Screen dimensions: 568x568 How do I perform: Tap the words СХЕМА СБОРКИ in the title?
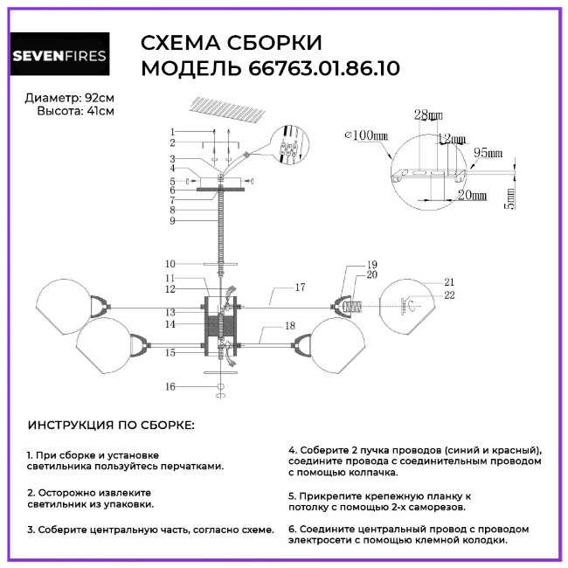[x=232, y=44]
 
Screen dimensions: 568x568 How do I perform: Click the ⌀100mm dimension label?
[x=366, y=135]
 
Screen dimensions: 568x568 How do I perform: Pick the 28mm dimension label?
[x=428, y=115]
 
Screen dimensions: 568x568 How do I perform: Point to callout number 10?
[x=170, y=263]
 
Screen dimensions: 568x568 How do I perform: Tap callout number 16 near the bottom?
[x=170, y=385]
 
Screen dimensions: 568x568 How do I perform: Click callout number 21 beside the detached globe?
[x=450, y=282]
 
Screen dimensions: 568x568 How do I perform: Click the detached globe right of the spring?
[x=412, y=305]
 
